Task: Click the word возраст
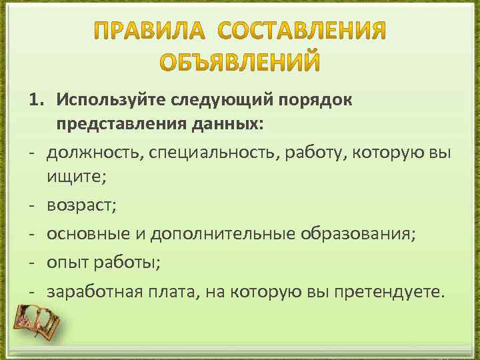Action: (x=80, y=206)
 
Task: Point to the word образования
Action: (x=357, y=235)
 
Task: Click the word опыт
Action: (x=65, y=263)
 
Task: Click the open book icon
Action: (x=37, y=323)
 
